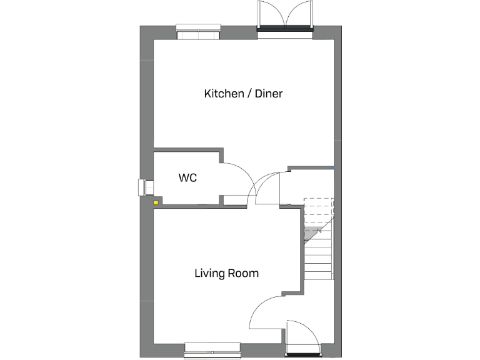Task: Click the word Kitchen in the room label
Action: pyautogui.click(x=223, y=94)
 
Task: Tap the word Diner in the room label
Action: pyautogui.click(x=267, y=94)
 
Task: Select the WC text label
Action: pyautogui.click(x=187, y=178)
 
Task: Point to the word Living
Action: pyautogui.click(x=209, y=274)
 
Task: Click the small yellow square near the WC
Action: pyautogui.click(x=156, y=202)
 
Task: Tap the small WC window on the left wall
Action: pyautogui.click(x=143, y=187)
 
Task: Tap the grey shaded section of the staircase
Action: pyautogui.click(x=312, y=234)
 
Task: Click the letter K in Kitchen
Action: pyautogui.click(x=207, y=94)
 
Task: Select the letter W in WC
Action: pyautogui.click(x=183, y=178)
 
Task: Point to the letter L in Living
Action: pyautogui.click(x=197, y=273)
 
